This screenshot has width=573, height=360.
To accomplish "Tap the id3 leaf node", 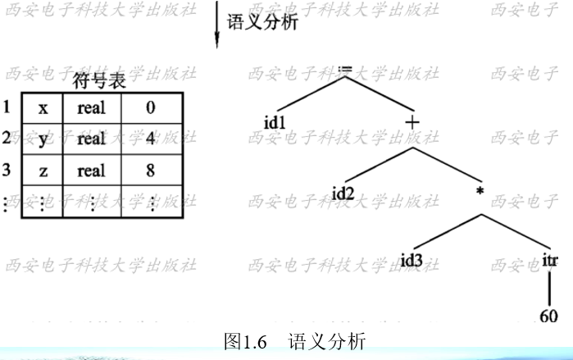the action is [414, 262].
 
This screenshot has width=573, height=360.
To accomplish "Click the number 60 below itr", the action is [550, 315].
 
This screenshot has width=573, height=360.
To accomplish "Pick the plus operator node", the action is [412, 123].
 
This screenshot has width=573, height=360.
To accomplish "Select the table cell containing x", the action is [43, 107].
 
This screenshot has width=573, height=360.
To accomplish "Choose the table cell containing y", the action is [43, 139].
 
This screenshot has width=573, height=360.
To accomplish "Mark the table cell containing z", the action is [43, 171].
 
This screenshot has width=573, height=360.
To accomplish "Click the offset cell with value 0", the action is [150, 107].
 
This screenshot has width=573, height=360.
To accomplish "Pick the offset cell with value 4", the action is [150, 139].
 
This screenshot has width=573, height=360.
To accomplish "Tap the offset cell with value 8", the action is [150, 171].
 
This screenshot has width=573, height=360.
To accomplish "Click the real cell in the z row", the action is [92, 171].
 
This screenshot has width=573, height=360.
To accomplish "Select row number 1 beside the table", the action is [7, 107].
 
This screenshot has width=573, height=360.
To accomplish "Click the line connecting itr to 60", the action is [550, 288].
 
